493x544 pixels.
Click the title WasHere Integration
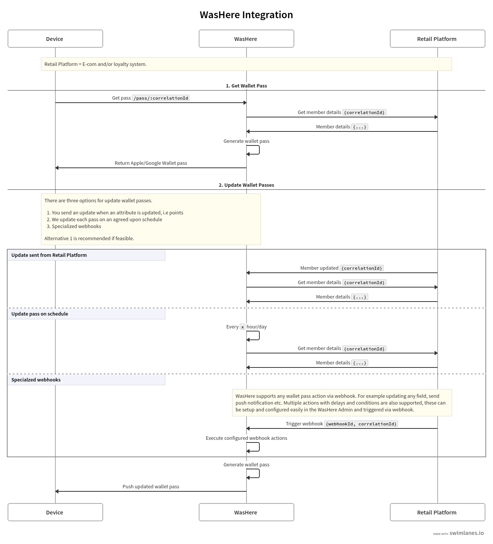(246, 15)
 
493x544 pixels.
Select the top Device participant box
(55, 39)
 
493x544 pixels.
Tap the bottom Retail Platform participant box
(437, 512)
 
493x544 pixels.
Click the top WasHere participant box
(246, 39)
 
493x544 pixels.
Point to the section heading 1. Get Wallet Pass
(246, 86)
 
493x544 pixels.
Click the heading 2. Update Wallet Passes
(246, 185)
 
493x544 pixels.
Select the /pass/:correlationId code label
(161, 98)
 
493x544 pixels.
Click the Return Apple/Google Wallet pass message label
(151, 163)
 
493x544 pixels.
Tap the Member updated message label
(319, 268)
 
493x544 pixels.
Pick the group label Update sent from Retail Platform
(49, 255)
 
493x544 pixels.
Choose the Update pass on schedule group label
(40, 314)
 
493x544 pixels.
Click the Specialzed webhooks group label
(36, 380)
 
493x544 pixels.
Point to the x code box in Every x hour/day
(242, 327)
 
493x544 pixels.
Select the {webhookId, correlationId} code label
(361, 424)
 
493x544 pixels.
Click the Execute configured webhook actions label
(246, 438)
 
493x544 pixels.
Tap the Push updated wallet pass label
(151, 486)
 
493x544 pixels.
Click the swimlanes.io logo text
(466, 533)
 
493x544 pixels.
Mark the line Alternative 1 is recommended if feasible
(89, 238)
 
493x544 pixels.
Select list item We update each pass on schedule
(107, 219)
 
